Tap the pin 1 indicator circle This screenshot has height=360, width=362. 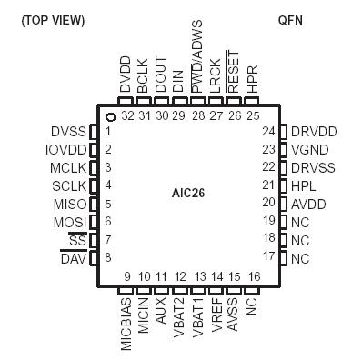point(109,116)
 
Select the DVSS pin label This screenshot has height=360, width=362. point(68,131)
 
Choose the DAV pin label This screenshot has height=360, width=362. point(73,257)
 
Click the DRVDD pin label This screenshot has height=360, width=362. point(314,131)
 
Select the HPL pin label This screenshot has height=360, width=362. point(304,185)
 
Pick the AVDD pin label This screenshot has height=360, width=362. point(309,203)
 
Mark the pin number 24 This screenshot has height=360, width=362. point(268,131)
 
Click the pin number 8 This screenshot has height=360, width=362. point(108,257)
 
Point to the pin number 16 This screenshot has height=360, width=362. point(253,276)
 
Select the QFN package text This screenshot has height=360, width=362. point(291,20)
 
